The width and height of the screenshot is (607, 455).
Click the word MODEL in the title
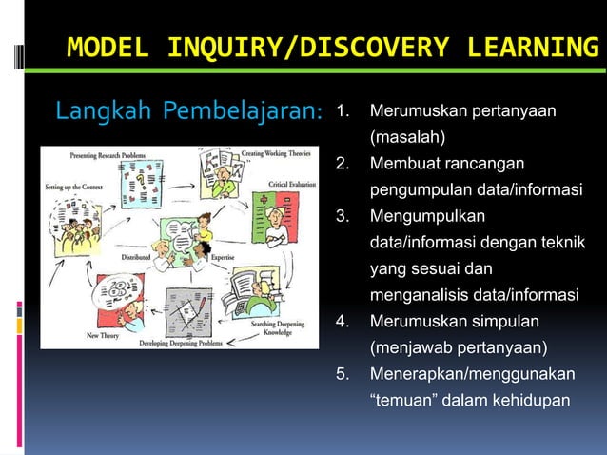(108, 47)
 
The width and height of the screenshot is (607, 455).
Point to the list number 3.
(343, 217)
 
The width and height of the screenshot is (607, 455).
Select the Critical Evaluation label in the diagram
(293, 184)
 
